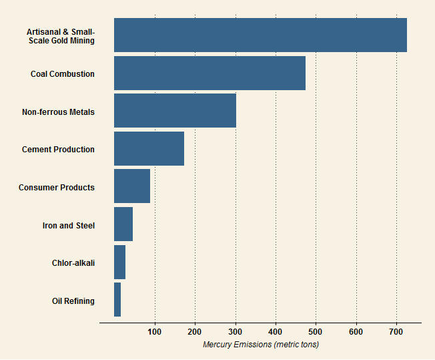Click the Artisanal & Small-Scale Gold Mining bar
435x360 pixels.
pos(260,35)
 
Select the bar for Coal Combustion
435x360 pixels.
pos(209,73)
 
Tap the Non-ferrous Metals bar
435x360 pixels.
pos(175,111)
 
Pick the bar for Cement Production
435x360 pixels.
pos(149,148)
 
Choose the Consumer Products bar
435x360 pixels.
pos(132,186)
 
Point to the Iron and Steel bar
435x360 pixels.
pos(123,224)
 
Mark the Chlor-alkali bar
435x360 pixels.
pos(119,262)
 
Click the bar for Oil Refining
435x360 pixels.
pos(117,299)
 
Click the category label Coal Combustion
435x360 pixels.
pos(63,74)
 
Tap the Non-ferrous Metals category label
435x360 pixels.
pos(58,112)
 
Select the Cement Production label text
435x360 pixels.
pos(58,150)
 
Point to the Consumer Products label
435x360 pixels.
pos(57,188)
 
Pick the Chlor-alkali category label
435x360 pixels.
pos(73,263)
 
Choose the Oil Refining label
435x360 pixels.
pos(73,301)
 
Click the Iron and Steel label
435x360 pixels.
pos(69,226)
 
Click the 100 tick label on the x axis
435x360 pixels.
pos(155,332)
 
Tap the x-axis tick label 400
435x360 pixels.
pos(276,332)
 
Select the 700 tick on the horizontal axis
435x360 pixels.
pos(396,332)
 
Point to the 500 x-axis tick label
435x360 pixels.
pos(316,332)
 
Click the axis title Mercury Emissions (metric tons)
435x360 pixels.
pos(260,345)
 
